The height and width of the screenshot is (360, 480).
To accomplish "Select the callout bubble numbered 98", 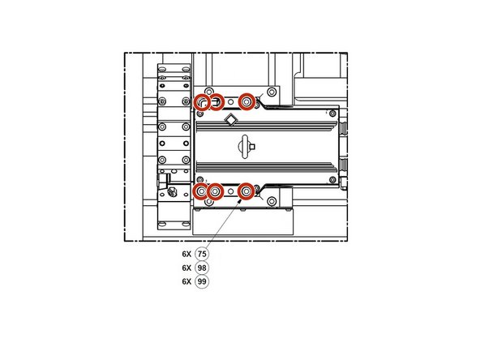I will pos(202,268).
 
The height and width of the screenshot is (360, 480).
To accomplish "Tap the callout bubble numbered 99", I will pos(202,281).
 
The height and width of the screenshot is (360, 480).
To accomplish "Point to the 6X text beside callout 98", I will pos(186,268).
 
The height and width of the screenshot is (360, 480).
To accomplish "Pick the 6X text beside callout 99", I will pos(186,281).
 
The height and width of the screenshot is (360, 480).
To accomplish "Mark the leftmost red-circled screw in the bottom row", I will pos(202,192).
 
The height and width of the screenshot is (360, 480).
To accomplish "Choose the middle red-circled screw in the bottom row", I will pos(216,192).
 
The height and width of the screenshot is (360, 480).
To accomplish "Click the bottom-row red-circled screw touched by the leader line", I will pos(246,192).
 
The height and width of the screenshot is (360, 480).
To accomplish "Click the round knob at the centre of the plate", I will pos(246,147).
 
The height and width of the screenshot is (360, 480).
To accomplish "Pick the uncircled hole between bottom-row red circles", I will pos(231,192).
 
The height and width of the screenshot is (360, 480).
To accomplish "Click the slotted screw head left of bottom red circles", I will pos(171,192).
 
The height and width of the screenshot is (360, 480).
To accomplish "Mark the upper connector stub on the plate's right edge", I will pos(342,128).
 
